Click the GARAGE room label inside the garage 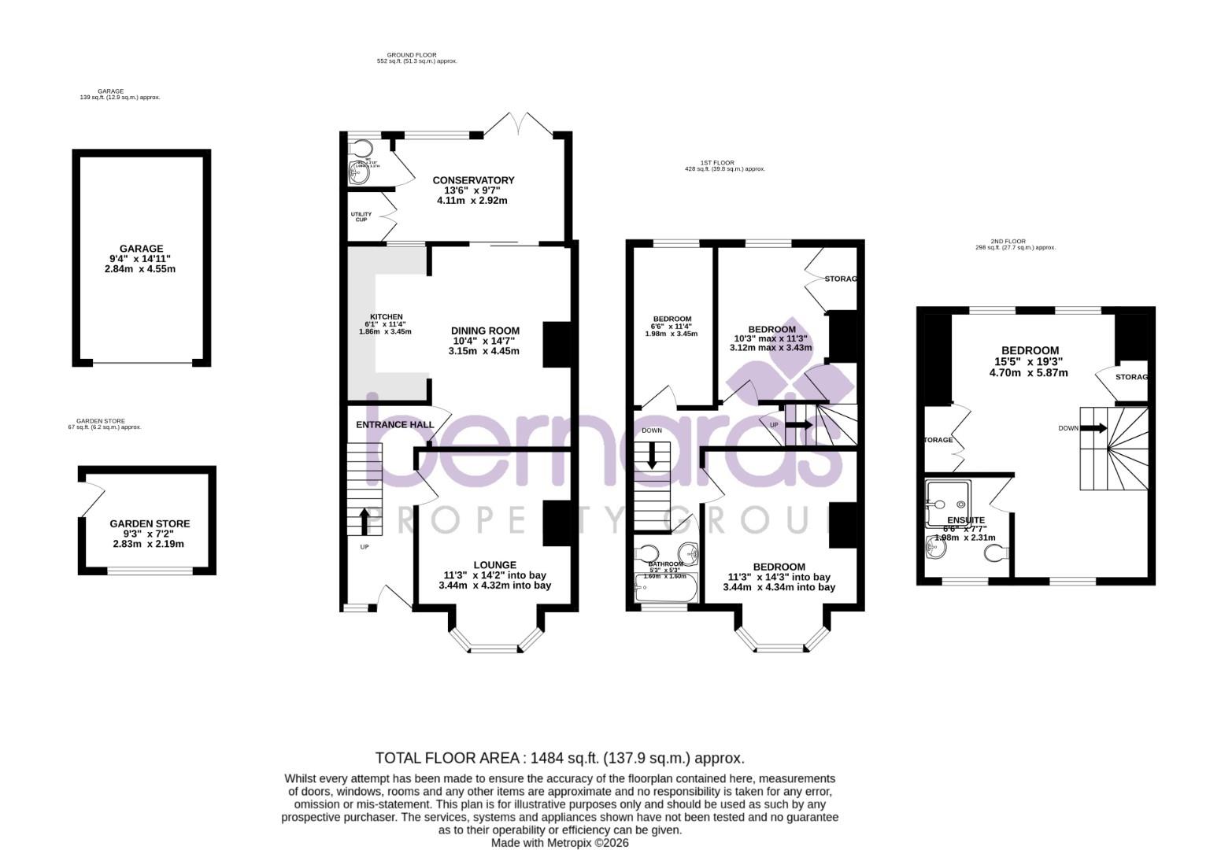[x=142, y=249]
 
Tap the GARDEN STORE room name [x=150, y=523]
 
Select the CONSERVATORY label [x=473, y=180]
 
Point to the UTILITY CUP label [x=361, y=216]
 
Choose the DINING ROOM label [x=485, y=331]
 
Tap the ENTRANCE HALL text [x=394, y=425]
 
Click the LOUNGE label [x=494, y=564]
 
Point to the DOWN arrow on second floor [x=1093, y=428]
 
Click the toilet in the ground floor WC [x=361, y=149]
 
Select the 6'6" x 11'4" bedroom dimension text [x=671, y=326]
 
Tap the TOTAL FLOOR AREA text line [x=560, y=758]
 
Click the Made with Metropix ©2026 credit [x=560, y=842]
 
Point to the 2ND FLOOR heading [x=1013, y=242]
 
